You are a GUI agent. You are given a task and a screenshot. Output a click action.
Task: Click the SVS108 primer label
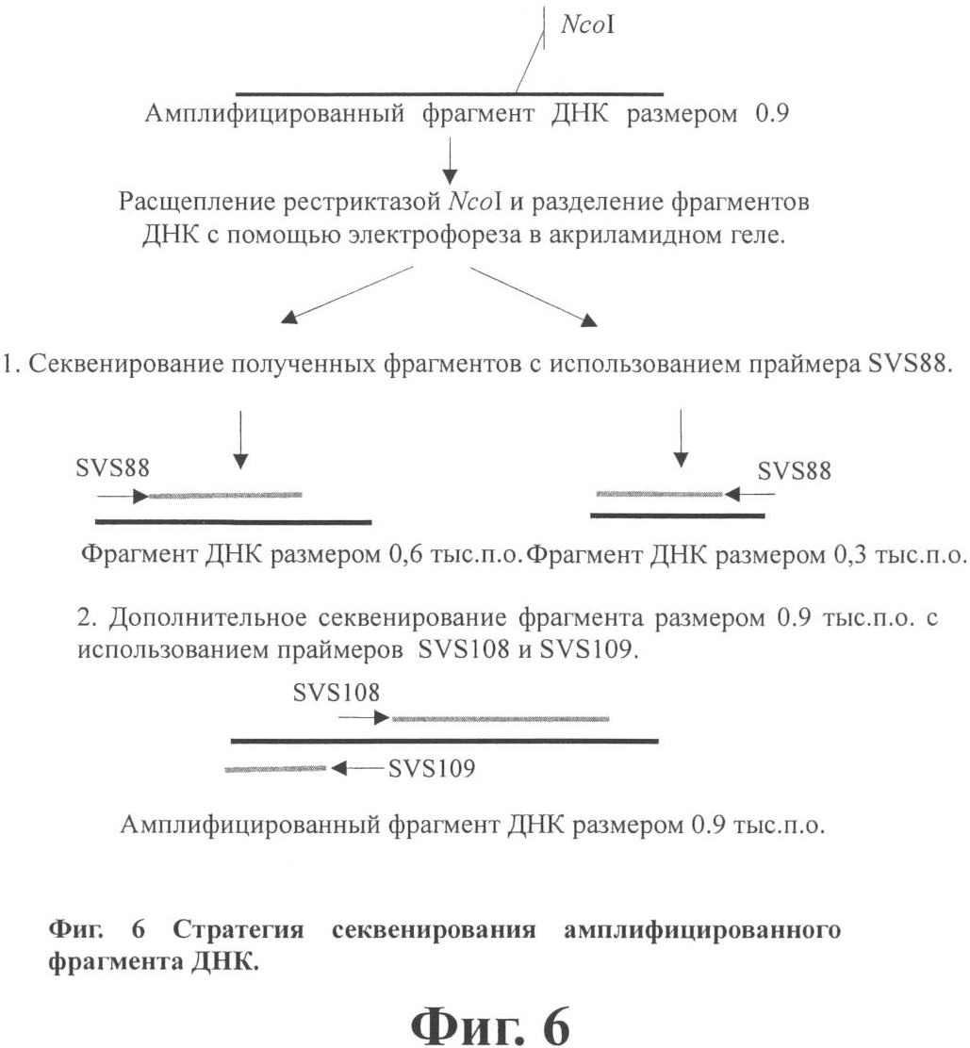pyautogui.click(x=337, y=693)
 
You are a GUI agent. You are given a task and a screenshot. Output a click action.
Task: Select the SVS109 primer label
pyautogui.click(x=431, y=769)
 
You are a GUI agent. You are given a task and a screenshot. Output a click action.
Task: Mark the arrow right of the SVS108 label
pyautogui.click(x=363, y=718)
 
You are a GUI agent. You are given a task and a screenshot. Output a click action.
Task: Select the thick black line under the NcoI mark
pyautogui.click(x=449, y=93)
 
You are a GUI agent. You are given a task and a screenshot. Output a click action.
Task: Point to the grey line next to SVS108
pyautogui.click(x=500, y=718)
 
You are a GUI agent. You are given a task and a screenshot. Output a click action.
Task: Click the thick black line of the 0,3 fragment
pyautogui.click(x=677, y=516)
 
